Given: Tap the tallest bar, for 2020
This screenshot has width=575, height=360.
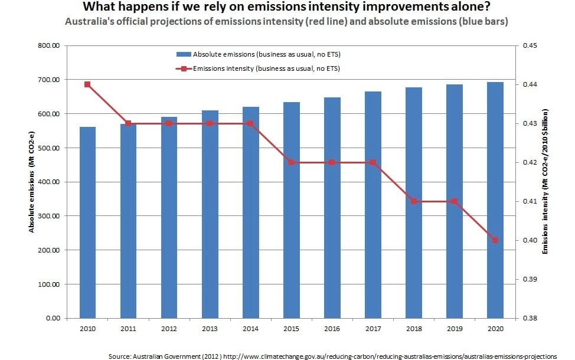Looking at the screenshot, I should (x=495, y=200).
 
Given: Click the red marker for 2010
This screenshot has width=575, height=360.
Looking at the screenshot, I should (x=87, y=84).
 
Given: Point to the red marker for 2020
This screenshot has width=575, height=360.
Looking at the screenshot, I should (x=495, y=240).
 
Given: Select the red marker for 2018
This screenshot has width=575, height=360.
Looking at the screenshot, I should (x=414, y=201).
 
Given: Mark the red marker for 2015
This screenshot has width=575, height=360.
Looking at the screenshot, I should (x=291, y=162).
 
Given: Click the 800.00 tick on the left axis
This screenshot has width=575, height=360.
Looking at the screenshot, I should (x=50, y=45).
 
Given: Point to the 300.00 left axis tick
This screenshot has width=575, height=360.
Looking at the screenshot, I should (x=50, y=216).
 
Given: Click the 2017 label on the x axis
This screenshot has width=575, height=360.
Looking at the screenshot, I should (x=373, y=329).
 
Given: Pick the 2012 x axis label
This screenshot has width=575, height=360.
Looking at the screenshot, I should (x=169, y=329).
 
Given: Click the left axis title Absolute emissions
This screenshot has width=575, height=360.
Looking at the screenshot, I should (x=33, y=182).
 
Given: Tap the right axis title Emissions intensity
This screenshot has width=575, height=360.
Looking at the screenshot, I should (x=547, y=182).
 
